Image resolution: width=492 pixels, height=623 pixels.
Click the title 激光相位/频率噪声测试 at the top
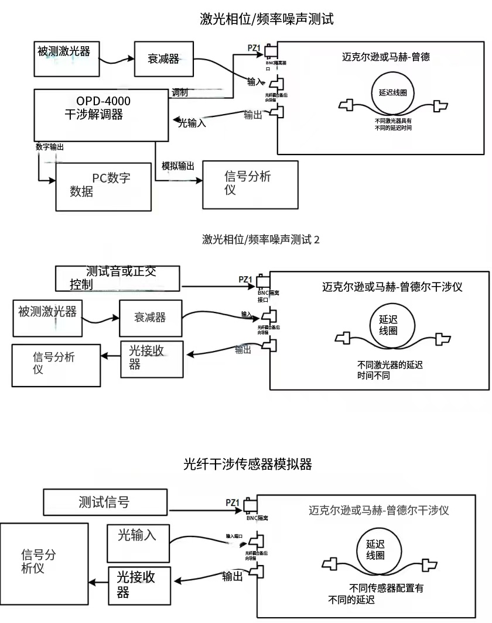click(266, 19)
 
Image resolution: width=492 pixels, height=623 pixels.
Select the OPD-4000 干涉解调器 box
click(102, 115)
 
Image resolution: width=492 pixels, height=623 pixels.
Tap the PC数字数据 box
click(105, 186)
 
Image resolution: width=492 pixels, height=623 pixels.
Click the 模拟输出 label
click(178, 166)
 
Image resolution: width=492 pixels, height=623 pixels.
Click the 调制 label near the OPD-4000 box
click(180, 92)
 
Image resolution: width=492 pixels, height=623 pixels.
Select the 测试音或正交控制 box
click(118, 278)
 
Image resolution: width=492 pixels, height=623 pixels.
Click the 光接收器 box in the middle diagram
click(151, 356)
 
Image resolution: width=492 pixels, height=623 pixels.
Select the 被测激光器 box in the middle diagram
click(48, 318)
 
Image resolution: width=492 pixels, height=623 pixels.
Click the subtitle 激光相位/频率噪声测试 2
click(261, 239)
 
